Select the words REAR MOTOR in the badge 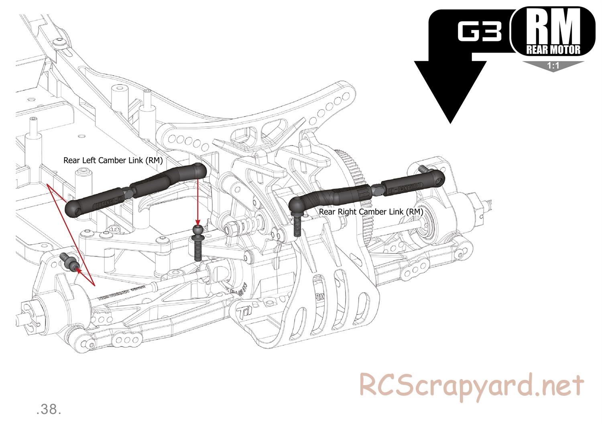click(553, 50)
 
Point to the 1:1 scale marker click(553, 66)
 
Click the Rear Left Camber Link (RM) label click(113, 160)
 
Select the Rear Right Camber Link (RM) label click(371, 211)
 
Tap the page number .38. click(49, 409)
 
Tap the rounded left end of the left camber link click(75, 208)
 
